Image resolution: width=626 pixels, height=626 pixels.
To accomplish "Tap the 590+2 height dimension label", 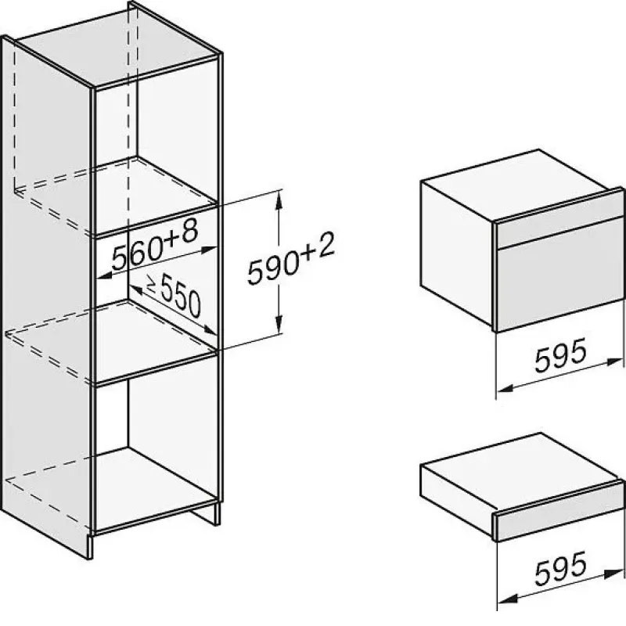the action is (291, 261).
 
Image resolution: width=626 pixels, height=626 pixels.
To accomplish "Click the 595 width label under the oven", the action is (560, 355).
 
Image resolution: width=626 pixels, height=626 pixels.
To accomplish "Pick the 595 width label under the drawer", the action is (560, 569).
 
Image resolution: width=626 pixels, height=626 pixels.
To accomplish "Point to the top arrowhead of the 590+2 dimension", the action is (279, 200).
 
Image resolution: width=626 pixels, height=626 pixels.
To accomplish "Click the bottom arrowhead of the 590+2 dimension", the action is (279, 323).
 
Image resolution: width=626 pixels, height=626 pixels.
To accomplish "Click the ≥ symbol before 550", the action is (152, 282).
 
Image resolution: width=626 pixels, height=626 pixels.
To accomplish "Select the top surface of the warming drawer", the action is (519, 467).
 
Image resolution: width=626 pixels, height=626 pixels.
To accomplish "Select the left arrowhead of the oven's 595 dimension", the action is (505, 388).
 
